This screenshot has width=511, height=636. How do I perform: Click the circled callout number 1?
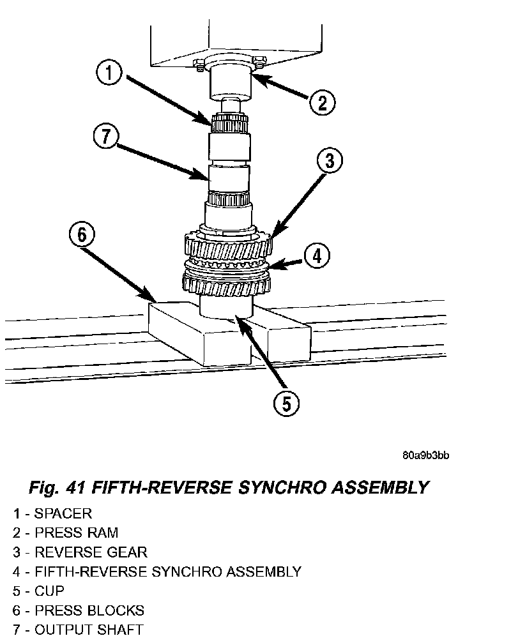pyautogui.click(x=109, y=73)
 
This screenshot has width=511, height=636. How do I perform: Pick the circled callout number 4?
pyautogui.click(x=317, y=257)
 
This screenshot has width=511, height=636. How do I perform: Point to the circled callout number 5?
pyautogui.click(x=286, y=402)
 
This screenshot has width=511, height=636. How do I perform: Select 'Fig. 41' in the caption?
pyautogui.click(x=57, y=488)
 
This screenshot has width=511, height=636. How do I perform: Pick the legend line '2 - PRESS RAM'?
pyautogui.click(x=65, y=533)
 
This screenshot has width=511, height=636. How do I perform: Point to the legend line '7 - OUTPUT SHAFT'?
pyautogui.click(x=77, y=630)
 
